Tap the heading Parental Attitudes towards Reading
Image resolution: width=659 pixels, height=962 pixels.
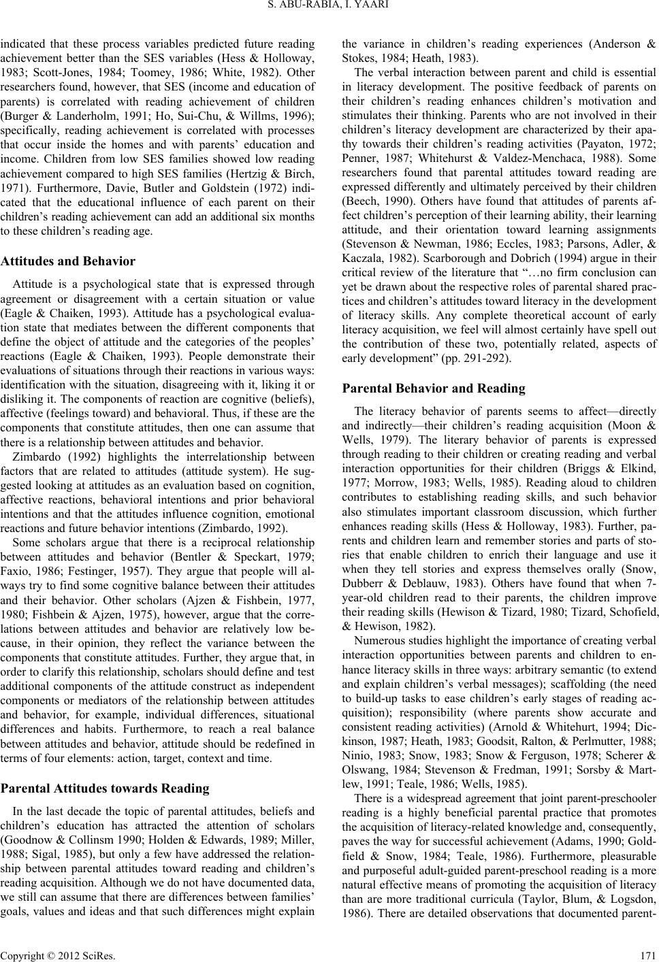[106, 789]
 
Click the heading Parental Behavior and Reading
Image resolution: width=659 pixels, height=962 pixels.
[433, 388]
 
